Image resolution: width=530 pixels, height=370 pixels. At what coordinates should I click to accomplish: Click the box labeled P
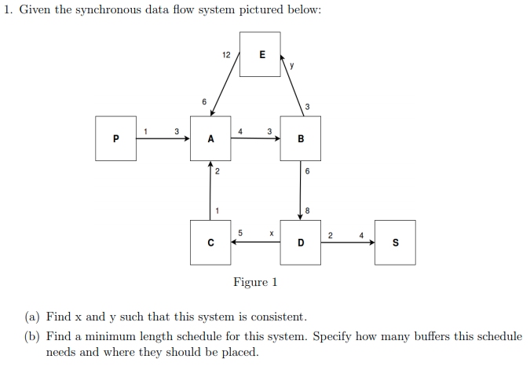coord(115,139)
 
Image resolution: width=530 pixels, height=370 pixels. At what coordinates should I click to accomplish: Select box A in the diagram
coord(210,139)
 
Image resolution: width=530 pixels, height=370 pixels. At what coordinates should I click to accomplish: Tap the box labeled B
coord(301,139)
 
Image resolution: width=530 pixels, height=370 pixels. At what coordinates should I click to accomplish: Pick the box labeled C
coord(210,243)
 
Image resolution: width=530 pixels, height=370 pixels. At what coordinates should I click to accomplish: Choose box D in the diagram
coord(301,243)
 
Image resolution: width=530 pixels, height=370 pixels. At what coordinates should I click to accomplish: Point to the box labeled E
coord(261,55)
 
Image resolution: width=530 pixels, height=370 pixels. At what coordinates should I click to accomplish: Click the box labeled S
coord(395,243)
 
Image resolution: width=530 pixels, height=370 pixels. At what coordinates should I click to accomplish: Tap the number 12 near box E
coord(226,55)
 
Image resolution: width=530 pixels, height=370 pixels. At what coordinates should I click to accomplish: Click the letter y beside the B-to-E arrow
coord(292,66)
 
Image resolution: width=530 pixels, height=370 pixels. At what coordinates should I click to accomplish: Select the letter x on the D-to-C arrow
coord(270,233)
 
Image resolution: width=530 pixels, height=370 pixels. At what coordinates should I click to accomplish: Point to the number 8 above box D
coord(308,210)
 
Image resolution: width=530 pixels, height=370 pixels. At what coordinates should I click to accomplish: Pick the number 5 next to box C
coord(240,233)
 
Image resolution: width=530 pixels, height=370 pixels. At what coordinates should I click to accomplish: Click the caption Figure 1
coord(255,282)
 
